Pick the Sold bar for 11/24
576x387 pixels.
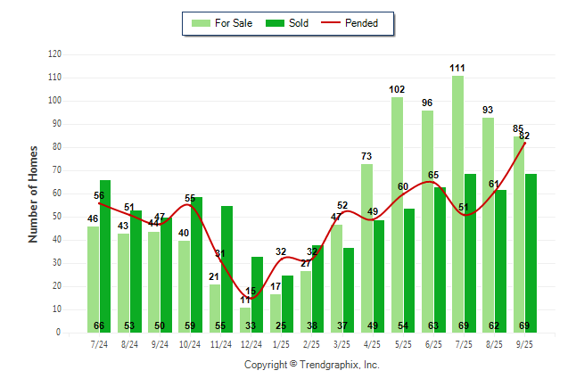point(226,268)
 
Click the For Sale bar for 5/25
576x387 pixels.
point(397,214)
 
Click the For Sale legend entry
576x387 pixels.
point(220,23)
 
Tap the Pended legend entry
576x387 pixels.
point(358,23)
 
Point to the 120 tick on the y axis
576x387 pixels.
point(54,54)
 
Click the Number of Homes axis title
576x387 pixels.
point(33,193)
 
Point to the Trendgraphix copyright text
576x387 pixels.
point(312,365)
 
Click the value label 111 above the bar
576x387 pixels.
point(457,68)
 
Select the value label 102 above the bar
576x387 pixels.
point(397,89)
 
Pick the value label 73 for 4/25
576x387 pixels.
point(366,156)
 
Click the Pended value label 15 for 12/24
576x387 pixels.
point(251,291)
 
